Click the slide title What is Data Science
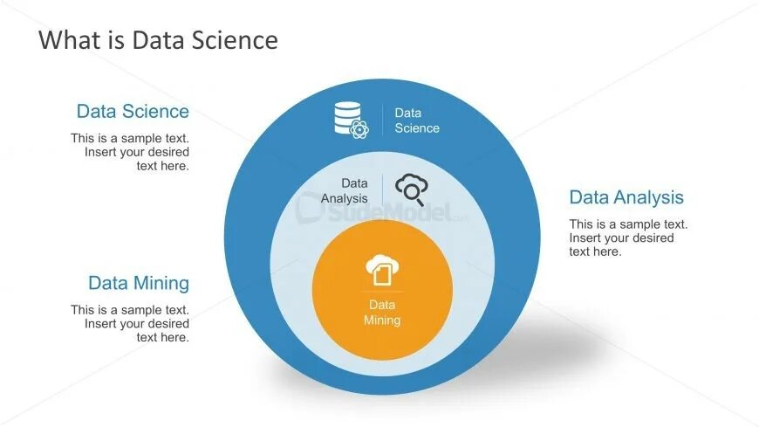click(x=158, y=40)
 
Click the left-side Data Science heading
click(x=133, y=111)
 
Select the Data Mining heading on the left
click(x=138, y=283)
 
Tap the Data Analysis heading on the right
click(x=626, y=197)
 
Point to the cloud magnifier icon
click(x=411, y=189)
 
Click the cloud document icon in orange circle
click(x=381, y=270)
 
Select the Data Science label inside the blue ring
click(x=417, y=121)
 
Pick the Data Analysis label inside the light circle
click(x=345, y=190)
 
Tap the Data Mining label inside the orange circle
click(x=382, y=313)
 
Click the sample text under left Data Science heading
click(x=130, y=151)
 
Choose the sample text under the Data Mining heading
click(x=130, y=323)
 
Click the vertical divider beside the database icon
click(x=383, y=121)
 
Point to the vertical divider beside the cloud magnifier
click(x=382, y=190)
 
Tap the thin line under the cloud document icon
click(x=382, y=292)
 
